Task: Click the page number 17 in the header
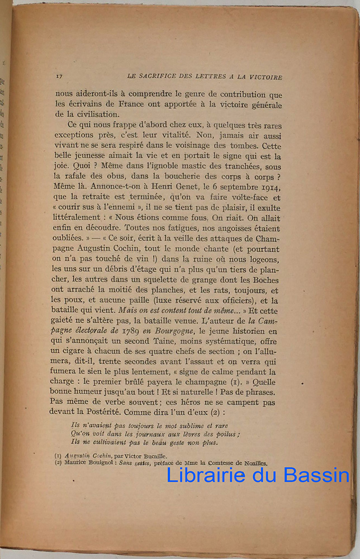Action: (59, 77)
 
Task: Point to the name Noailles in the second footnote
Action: (254, 463)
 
